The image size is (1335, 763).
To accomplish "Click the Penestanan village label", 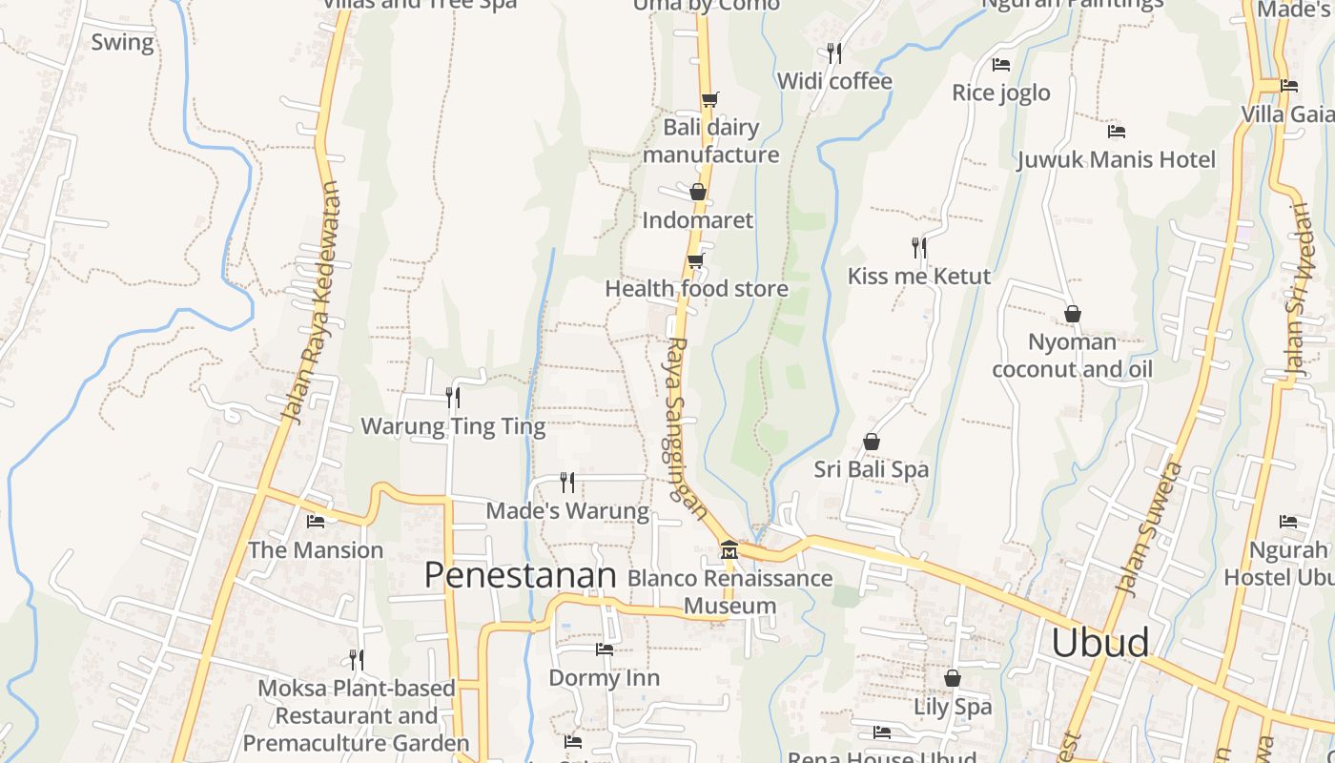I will pos(520,575).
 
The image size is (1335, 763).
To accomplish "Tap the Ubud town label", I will pos(1099,643).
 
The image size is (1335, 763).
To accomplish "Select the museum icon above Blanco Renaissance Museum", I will pos(729,550).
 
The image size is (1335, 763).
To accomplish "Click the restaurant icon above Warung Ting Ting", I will pos(453,397).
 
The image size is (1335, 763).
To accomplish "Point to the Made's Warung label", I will pos(567,511).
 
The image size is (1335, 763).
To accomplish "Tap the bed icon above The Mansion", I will pos(316,522).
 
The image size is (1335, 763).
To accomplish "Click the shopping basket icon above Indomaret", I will pos(698,192).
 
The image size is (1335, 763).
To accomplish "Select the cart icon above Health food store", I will pos(696,260).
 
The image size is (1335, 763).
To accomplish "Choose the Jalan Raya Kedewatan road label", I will pos(311,302).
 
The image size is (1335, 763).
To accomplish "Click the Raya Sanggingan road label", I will pos(687,429).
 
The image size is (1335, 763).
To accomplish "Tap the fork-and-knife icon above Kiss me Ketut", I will pos(919,248).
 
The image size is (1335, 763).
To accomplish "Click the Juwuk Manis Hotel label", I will pos(1117,159).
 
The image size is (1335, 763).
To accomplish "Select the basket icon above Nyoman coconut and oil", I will pos(1073,314).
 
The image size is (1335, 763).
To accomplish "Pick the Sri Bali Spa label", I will pos(871,469).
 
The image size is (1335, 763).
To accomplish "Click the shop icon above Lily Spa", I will pos(952,678).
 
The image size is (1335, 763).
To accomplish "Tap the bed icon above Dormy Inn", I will pos(605,650).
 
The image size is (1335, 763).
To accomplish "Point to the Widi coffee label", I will pos(834,81).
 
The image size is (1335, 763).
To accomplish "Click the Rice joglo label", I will pos(1001,93).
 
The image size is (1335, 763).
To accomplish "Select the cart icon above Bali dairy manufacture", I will pos(709,99).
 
